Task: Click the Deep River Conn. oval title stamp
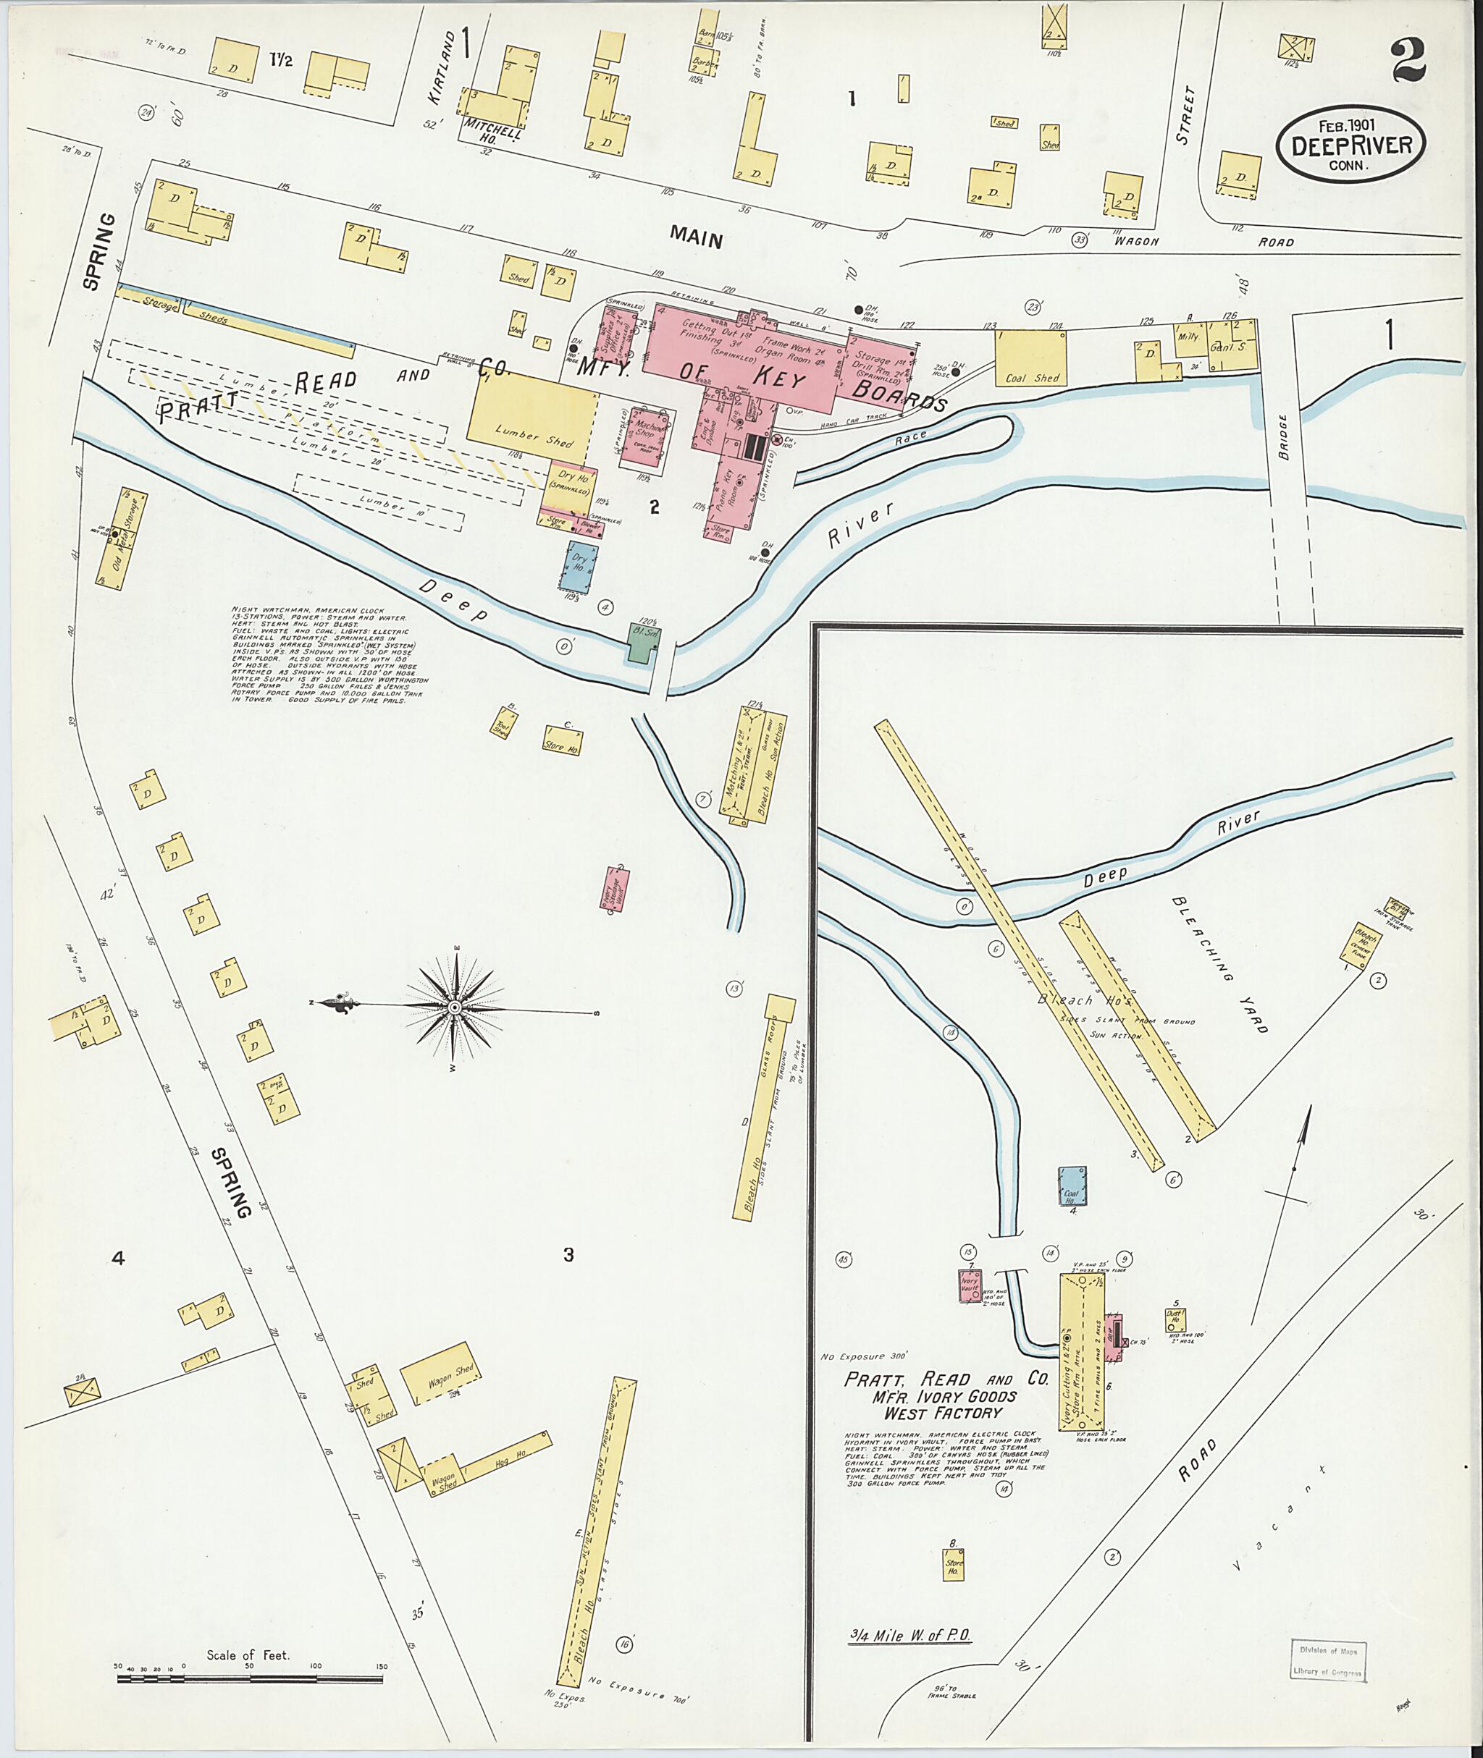(1351, 145)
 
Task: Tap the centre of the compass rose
(454, 1007)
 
